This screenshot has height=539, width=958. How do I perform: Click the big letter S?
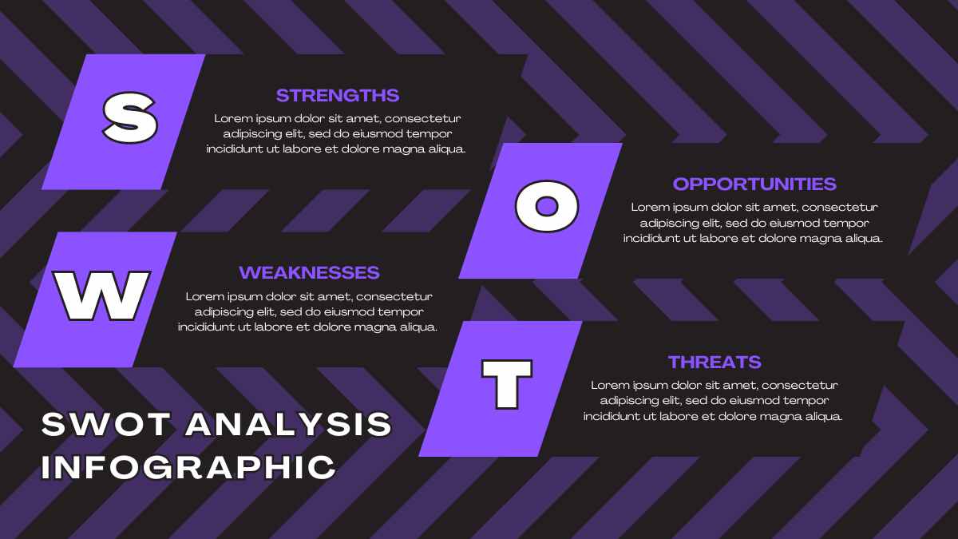pyautogui.click(x=130, y=117)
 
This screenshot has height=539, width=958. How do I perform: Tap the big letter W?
pyautogui.click(x=102, y=295)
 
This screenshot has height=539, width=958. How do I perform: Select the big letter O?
pyautogui.click(x=547, y=206)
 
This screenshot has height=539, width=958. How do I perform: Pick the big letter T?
pyautogui.click(x=507, y=384)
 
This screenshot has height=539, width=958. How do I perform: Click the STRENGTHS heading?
pyautogui.click(x=338, y=95)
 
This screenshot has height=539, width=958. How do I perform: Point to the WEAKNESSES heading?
pyautogui.click(x=309, y=272)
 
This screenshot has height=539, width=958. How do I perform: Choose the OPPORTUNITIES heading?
pyautogui.click(x=754, y=184)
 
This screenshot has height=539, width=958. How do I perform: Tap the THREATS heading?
pyautogui.click(x=715, y=362)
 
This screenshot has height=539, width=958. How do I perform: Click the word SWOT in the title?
pyautogui.click(x=106, y=424)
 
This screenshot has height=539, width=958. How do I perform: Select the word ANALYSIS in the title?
pyautogui.click(x=289, y=424)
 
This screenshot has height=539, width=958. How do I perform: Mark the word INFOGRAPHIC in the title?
pyautogui.click(x=188, y=466)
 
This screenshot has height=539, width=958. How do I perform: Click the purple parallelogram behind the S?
pyautogui.click(x=123, y=121)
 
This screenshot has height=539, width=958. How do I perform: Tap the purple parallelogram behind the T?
pyautogui.click(x=501, y=388)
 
